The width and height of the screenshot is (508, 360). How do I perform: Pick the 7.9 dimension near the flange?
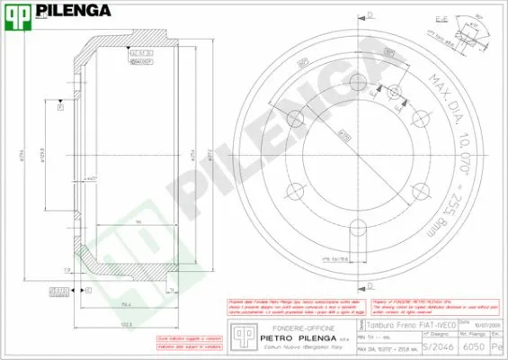pos(67,268)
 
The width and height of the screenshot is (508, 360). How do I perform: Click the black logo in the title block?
pos(240,334)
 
